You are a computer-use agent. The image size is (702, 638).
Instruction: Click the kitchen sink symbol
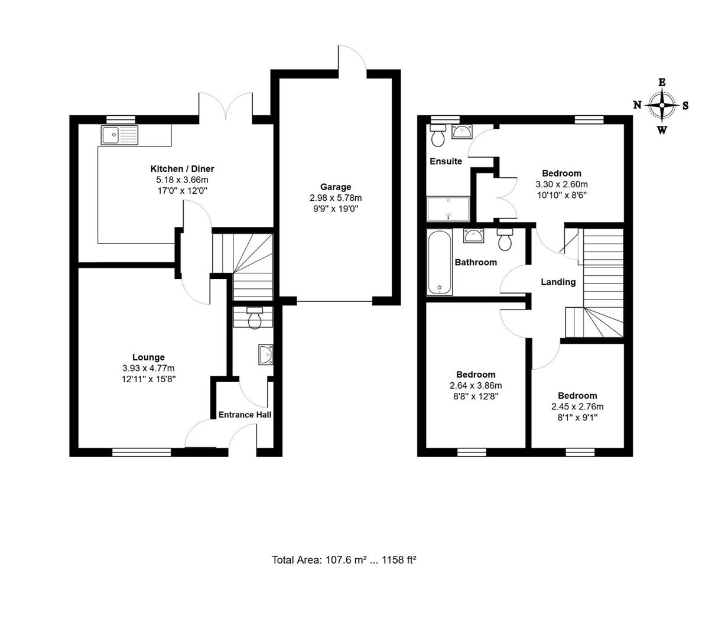[119, 135]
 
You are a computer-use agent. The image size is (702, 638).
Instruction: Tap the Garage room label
[336, 187]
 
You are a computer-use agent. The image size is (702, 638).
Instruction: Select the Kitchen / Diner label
[182, 169]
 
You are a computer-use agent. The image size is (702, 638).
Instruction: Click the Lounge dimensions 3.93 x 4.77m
[148, 368]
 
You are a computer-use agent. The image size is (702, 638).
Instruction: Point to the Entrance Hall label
[245, 415]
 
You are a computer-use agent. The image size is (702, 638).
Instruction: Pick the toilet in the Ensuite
[438, 136]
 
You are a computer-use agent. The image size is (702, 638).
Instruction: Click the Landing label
[558, 282]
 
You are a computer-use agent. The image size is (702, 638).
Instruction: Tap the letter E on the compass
[662, 83]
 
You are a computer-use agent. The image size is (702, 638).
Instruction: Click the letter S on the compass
[685, 106]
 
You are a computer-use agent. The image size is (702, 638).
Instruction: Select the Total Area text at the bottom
[344, 559]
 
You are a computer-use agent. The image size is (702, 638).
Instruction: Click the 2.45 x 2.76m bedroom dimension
[577, 406]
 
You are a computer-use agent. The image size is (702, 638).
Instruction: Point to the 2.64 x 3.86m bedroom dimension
[476, 385]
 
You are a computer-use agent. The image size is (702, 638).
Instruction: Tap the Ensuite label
[446, 161]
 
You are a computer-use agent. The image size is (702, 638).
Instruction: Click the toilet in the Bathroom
[506, 239]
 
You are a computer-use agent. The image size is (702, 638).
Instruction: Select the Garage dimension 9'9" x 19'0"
[336, 209]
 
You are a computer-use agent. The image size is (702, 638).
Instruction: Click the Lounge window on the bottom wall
[142, 453]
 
